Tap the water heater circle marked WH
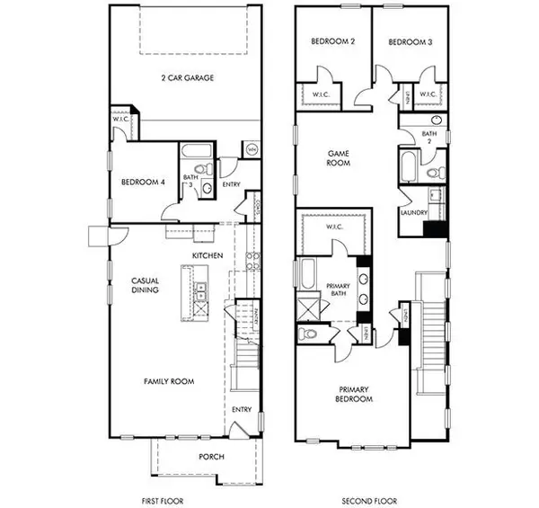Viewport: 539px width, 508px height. [x=251, y=149]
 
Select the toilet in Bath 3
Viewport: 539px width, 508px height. [x=204, y=169]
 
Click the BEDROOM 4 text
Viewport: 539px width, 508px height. [x=144, y=183]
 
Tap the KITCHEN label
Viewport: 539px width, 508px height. [x=208, y=256]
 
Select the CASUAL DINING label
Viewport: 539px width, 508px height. [x=146, y=287]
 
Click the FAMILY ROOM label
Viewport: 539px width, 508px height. [x=169, y=381]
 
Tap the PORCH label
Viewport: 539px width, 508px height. [x=211, y=457]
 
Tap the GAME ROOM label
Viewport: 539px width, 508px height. [x=337, y=158]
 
